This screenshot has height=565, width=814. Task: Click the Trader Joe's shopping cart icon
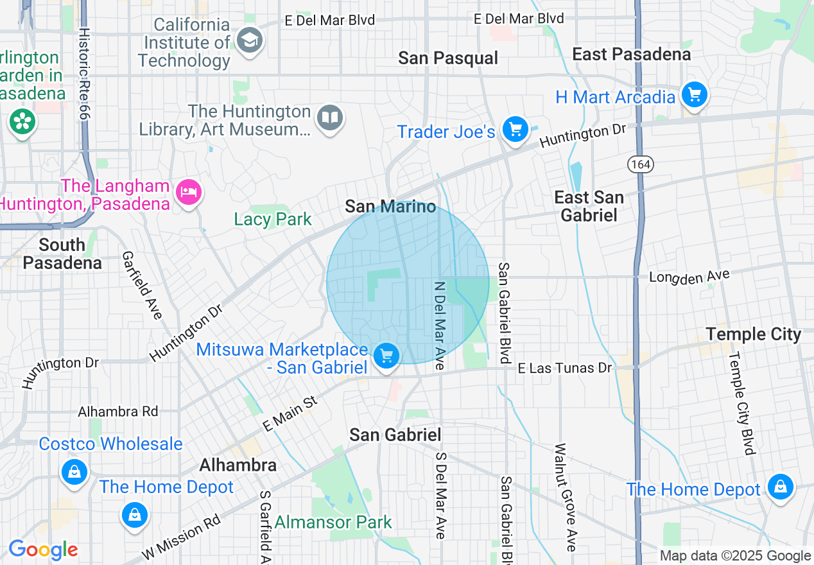(515, 130)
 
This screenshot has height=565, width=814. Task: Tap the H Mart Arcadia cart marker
(694, 95)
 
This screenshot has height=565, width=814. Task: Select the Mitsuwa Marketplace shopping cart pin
(386, 355)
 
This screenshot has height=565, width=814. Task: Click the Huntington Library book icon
(331, 117)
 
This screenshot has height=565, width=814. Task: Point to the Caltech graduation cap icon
(248, 40)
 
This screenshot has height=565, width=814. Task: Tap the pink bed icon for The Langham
(189, 191)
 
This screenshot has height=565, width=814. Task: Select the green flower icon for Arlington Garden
(22, 121)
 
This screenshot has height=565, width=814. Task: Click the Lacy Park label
(273, 219)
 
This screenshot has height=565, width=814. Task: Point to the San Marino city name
(390, 206)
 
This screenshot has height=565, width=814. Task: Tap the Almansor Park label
(333, 522)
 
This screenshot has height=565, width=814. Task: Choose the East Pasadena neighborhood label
(632, 55)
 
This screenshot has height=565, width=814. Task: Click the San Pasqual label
(448, 58)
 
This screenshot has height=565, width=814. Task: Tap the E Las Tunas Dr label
(565, 368)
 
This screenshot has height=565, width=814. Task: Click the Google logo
(43, 550)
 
